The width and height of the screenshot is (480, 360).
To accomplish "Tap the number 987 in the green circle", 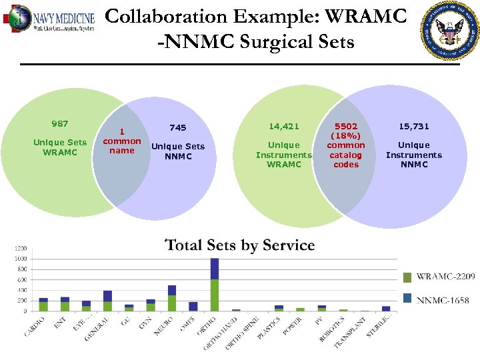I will [x=60, y=124].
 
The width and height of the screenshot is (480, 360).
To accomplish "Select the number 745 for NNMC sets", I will [x=178, y=128].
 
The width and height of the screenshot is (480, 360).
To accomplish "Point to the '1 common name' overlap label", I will [x=122, y=141].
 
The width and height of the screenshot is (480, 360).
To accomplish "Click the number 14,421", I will [x=284, y=126].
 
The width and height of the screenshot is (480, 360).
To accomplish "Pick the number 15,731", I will [x=414, y=126].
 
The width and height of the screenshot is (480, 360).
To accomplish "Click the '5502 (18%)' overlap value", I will [x=346, y=130].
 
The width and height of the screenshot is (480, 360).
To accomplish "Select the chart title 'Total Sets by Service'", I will [x=239, y=245].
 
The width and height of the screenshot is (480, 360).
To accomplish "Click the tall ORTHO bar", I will [x=215, y=285].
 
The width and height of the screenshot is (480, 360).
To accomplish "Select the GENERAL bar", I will [x=107, y=301].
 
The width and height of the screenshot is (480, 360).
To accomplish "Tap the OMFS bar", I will [x=193, y=307].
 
